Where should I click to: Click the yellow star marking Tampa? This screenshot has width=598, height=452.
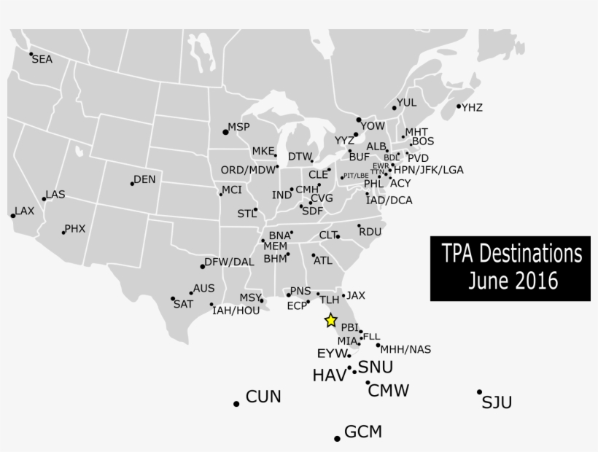point(330,319)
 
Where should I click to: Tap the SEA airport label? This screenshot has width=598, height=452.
point(42,60)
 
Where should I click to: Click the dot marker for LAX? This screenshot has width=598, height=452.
point(13,215)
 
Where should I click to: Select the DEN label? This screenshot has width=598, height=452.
point(144,179)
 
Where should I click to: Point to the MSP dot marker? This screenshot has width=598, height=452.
point(225,131)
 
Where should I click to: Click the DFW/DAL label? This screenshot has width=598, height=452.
point(229,261)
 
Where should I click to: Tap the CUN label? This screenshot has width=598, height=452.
point(263,397)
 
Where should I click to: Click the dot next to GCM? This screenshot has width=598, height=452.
point(337,438)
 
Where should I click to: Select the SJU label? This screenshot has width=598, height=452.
point(497,402)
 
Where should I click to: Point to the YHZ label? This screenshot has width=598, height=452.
point(472,108)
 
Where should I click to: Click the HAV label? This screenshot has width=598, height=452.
point(329,375)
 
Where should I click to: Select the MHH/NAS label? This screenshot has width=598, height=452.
point(405,349)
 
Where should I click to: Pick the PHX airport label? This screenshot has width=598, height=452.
point(75,228)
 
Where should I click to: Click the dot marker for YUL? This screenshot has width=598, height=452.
point(395,108)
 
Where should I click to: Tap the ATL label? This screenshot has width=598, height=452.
point(322,260)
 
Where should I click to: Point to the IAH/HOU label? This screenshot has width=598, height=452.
point(236,311)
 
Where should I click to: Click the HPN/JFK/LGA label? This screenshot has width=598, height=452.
point(428,170)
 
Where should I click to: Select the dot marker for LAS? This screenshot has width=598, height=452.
point(44,198)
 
